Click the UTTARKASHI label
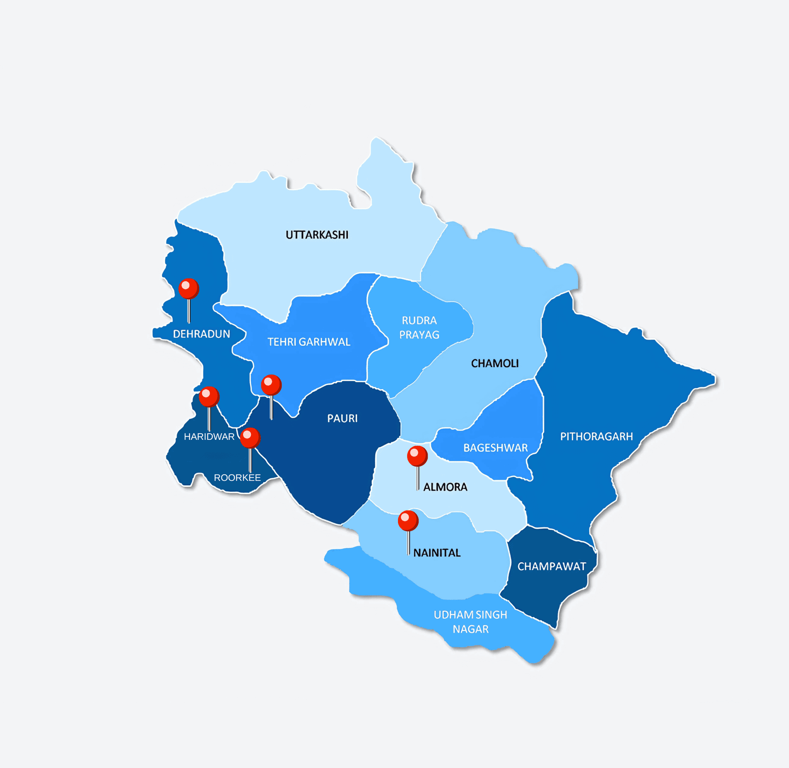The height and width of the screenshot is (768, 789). (317, 235)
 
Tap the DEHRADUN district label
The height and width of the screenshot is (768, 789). (201, 334)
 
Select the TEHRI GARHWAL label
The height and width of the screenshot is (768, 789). (309, 342)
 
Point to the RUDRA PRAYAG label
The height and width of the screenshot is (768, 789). (419, 328)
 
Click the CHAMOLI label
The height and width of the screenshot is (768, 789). (495, 364)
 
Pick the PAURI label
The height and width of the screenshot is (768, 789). (342, 418)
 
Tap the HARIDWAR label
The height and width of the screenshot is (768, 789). (209, 436)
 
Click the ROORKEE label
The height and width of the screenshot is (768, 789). (237, 478)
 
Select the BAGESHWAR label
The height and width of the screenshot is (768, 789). (495, 448)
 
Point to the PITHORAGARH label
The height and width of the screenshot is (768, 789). (596, 436)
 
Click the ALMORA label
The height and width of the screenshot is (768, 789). (445, 487)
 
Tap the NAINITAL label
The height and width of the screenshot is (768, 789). (437, 552)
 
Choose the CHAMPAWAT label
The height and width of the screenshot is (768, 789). (552, 566)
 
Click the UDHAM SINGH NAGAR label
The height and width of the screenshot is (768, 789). (470, 621)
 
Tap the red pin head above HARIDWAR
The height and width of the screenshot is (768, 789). (209, 396)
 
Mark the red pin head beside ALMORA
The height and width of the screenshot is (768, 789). (417, 456)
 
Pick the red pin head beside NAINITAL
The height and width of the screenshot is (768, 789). (408, 521)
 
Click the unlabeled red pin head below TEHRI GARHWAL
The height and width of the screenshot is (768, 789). (271, 385)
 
